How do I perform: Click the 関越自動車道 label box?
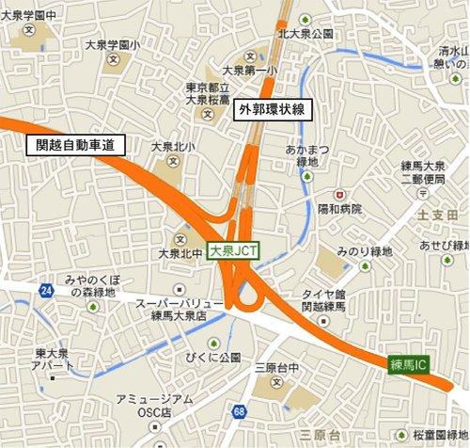click(75, 146)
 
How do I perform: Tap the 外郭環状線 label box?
click(272, 109)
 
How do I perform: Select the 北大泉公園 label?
click(305, 34)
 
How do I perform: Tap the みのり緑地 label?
click(369, 253)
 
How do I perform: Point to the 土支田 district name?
click(436, 216)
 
